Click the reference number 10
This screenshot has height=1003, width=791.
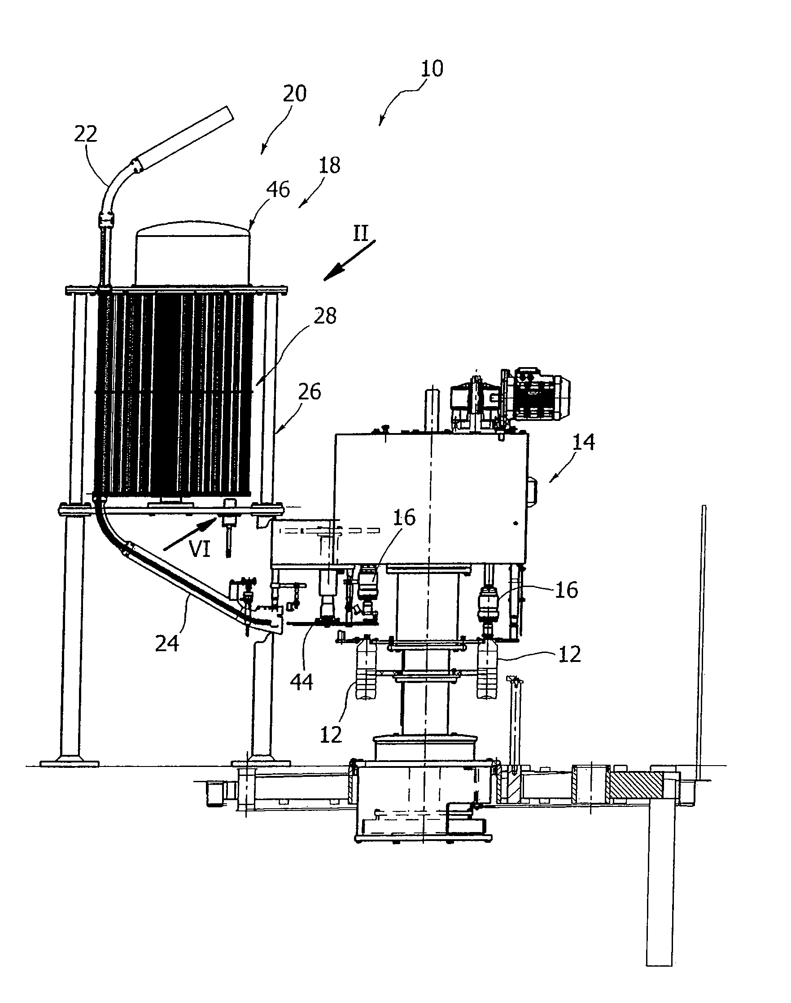point(432,68)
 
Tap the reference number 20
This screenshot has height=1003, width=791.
point(294,94)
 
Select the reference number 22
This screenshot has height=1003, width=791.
point(86,134)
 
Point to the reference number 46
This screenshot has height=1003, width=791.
point(278,189)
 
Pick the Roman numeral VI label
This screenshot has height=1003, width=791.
point(200,550)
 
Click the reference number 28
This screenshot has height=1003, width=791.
point(325,316)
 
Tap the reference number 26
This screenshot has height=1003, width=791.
point(310,391)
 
